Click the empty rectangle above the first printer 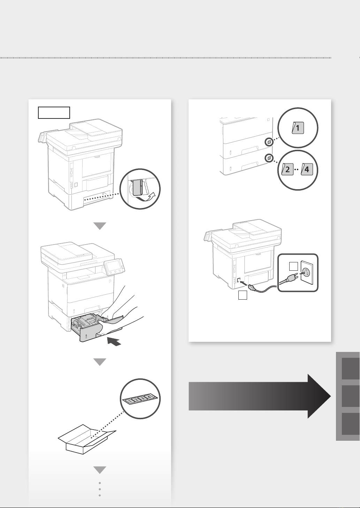click(54, 113)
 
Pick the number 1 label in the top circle click(298, 128)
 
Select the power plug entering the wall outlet click(293, 278)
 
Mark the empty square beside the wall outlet click(293, 267)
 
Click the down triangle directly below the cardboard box click(100, 470)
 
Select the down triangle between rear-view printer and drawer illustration click(100, 226)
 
